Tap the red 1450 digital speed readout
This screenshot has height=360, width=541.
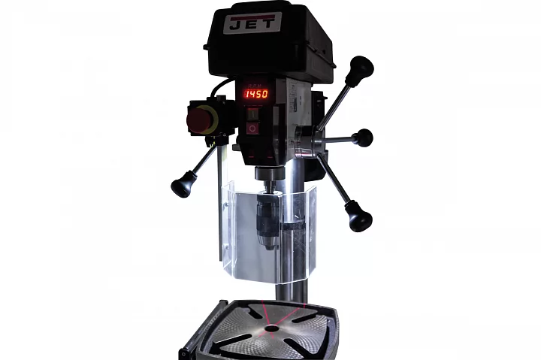(255, 94)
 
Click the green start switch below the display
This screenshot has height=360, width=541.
(253, 114)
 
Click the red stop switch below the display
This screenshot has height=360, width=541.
(253, 129)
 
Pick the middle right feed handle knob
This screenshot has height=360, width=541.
(363, 138)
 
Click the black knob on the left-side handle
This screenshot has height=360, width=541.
(181, 185)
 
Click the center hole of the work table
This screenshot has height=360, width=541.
(269, 328)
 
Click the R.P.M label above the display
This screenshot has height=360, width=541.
(254, 83)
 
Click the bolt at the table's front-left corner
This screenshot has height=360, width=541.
(185, 352)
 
